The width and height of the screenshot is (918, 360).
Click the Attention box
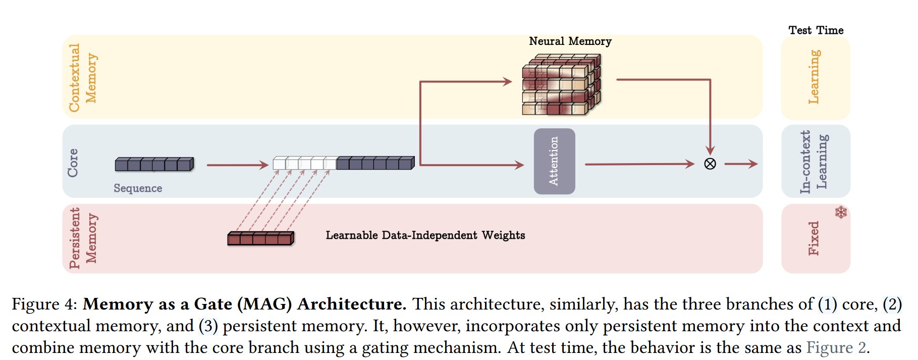click(x=554, y=161)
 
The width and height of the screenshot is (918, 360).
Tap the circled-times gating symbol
click(x=710, y=164)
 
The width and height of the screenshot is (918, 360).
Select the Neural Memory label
click(x=570, y=41)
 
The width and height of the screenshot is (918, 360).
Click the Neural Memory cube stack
click(x=562, y=85)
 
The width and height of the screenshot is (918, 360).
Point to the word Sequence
click(x=138, y=188)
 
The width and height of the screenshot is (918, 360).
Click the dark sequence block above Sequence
click(x=154, y=164)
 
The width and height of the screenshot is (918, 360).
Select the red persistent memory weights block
click(x=261, y=238)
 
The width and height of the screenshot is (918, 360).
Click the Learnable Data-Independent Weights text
click(x=425, y=235)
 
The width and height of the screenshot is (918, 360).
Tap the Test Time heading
click(x=816, y=30)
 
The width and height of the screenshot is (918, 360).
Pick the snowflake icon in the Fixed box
click(x=841, y=212)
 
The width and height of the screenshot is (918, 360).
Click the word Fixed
click(x=814, y=238)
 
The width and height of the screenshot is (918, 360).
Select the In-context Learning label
click(x=814, y=162)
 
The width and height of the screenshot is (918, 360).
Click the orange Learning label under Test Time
click(x=814, y=77)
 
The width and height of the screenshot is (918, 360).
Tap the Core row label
click(x=73, y=163)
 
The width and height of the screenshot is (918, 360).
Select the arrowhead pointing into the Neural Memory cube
click(x=508, y=81)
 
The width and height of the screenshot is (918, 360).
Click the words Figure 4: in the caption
click(x=44, y=304)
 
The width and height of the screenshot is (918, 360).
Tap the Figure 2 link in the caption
click(x=837, y=347)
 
